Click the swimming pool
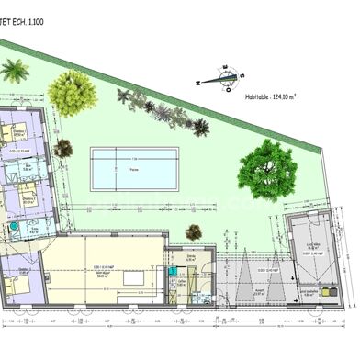(x=134, y=170)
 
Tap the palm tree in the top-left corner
(x=14, y=70)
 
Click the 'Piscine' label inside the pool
(x=134, y=171)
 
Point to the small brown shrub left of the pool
(x=63, y=149)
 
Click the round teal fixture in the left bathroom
(x=14, y=224)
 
